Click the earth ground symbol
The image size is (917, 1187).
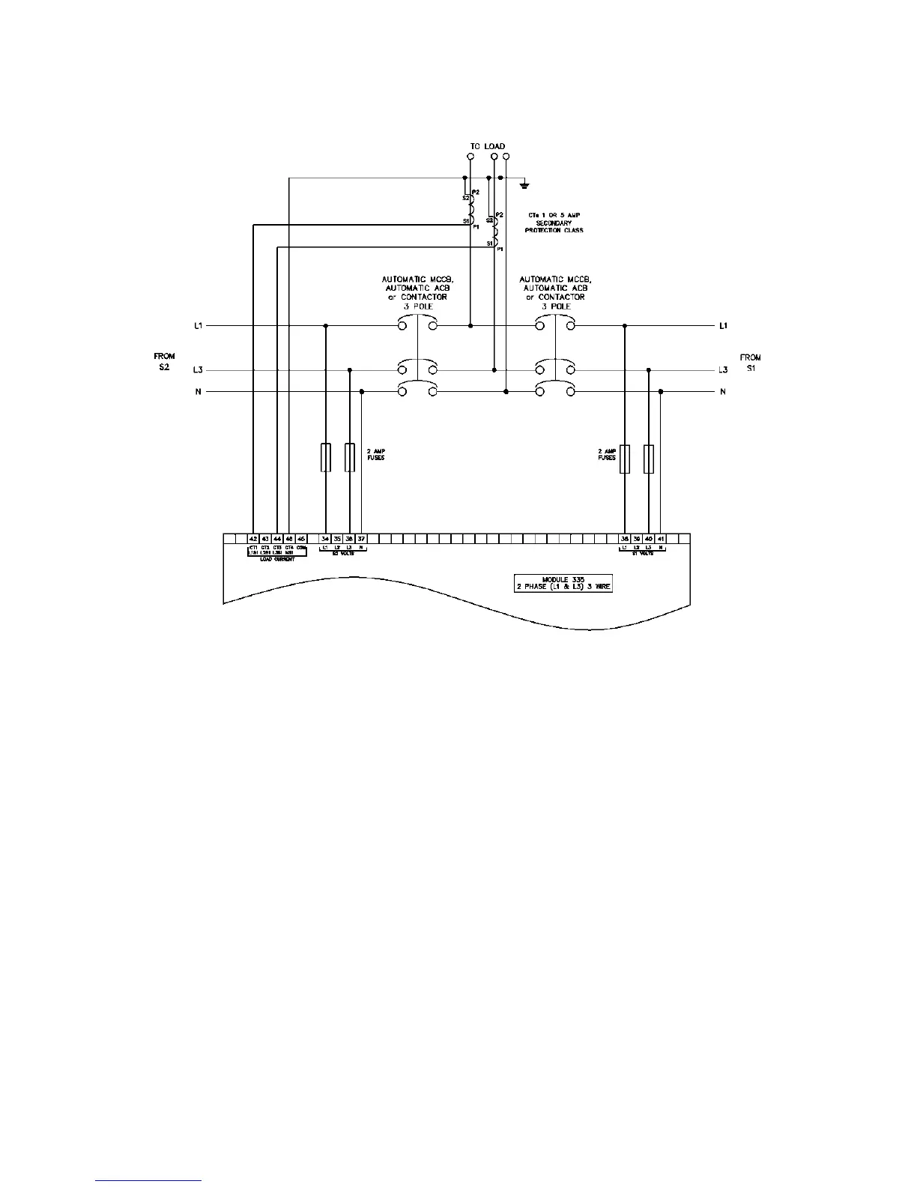[527, 184]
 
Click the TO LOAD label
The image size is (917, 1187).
[488, 146]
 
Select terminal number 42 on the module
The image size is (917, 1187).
[253, 539]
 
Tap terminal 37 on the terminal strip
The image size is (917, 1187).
[361, 539]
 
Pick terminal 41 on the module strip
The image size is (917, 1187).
[660, 539]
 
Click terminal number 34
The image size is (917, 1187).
[325, 539]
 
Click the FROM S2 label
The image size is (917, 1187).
[165, 362]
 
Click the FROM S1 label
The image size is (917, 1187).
[750, 362]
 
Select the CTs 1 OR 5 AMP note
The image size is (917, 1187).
[554, 223]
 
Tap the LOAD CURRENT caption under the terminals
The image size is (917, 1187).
[277, 559]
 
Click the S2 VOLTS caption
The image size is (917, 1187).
[342, 554]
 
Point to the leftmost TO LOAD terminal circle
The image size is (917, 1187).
[470, 157]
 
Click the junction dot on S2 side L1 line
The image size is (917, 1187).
[325, 326]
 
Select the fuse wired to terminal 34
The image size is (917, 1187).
[325, 457]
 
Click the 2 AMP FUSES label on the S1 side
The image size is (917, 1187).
[607, 454]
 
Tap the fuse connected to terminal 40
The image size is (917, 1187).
[649, 458]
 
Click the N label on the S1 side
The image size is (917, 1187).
[722, 392]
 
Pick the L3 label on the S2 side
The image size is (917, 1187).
[198, 370]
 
